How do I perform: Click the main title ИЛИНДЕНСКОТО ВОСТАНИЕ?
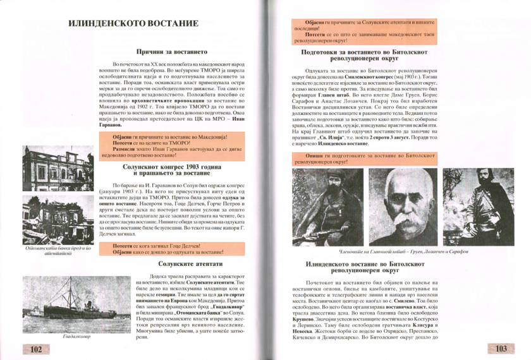tap(133, 25)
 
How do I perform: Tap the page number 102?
tap(35, 348)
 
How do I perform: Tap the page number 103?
tap(501, 348)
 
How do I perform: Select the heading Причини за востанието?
tap(172, 51)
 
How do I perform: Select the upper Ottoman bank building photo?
tap(59, 168)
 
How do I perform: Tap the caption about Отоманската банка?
tap(59, 250)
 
